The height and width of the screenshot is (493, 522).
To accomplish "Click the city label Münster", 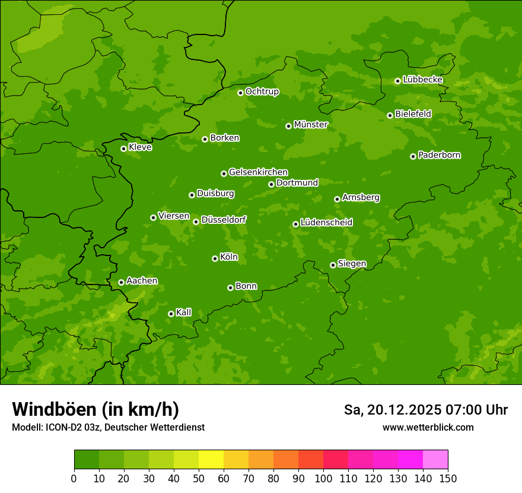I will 311,125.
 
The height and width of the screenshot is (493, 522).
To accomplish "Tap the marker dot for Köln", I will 215,258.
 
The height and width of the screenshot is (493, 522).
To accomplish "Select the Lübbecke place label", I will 422,80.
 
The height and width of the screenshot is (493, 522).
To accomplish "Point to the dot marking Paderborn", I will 413,156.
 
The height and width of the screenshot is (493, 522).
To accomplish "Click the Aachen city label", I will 142,281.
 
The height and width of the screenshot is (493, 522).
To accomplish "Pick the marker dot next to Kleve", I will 123,148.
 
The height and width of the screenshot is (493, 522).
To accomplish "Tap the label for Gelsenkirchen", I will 258,172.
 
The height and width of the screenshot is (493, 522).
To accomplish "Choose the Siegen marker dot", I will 333,265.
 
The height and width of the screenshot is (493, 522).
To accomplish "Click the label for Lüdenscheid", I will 326,223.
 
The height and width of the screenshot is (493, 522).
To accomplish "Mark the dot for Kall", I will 171,314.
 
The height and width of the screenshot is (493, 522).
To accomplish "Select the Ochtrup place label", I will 262,91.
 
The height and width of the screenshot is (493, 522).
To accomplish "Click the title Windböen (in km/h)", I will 96,409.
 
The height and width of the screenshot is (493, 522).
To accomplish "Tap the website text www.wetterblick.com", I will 428,427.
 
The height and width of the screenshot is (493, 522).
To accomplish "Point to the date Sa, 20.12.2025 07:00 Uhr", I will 425,410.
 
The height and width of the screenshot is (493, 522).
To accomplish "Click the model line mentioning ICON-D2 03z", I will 108,427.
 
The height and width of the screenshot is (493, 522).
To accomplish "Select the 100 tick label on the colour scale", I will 323,478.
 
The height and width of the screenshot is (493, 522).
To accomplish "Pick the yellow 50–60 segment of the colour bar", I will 211,460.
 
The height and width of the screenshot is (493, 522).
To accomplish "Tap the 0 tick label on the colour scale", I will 74,478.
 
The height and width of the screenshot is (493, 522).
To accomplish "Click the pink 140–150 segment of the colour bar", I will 435,460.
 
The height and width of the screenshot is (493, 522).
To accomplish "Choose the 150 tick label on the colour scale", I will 448,478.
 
